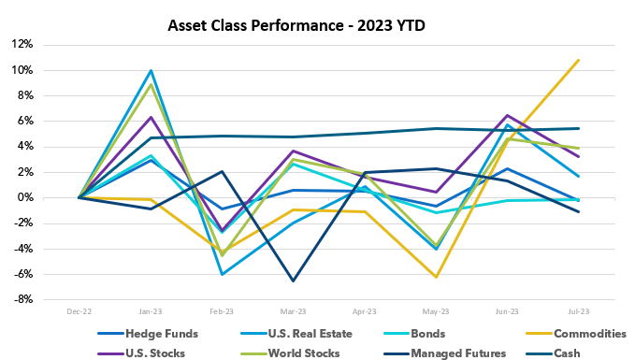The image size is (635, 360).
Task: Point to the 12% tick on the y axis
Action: coord(22,44)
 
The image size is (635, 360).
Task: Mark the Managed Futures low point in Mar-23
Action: coord(294,281)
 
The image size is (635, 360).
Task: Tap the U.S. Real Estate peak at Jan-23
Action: coord(151,70)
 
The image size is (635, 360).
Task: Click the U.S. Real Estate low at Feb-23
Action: coord(223,274)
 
